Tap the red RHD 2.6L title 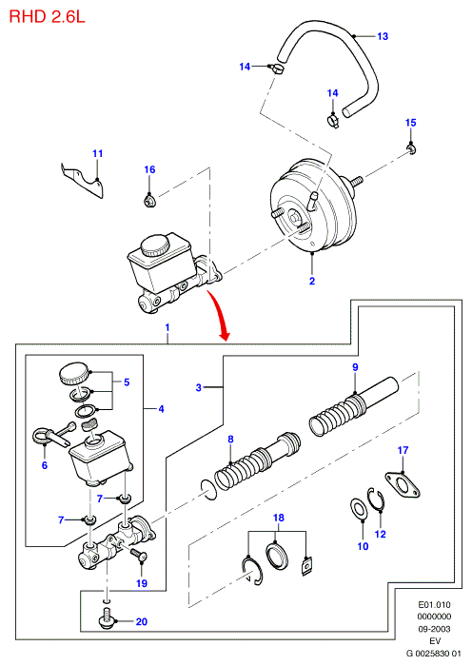pyautogui.click(x=47, y=16)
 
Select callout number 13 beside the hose pyautogui.click(x=383, y=36)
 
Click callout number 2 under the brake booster pyautogui.click(x=312, y=281)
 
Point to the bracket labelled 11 pyautogui.click(x=83, y=181)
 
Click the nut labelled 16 pyautogui.click(x=149, y=200)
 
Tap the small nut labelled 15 pyautogui.click(x=411, y=148)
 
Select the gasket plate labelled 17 pyautogui.click(x=403, y=484)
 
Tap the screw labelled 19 pyautogui.click(x=139, y=554)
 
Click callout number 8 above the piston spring pyautogui.click(x=230, y=440)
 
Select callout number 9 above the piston pyautogui.click(x=356, y=367)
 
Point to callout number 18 pyautogui.click(x=279, y=518)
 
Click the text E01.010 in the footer pyautogui.click(x=434, y=604)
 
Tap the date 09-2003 pyautogui.click(x=434, y=629)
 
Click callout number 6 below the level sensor pyautogui.click(x=45, y=465)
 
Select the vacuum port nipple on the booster pyautogui.click(x=314, y=200)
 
